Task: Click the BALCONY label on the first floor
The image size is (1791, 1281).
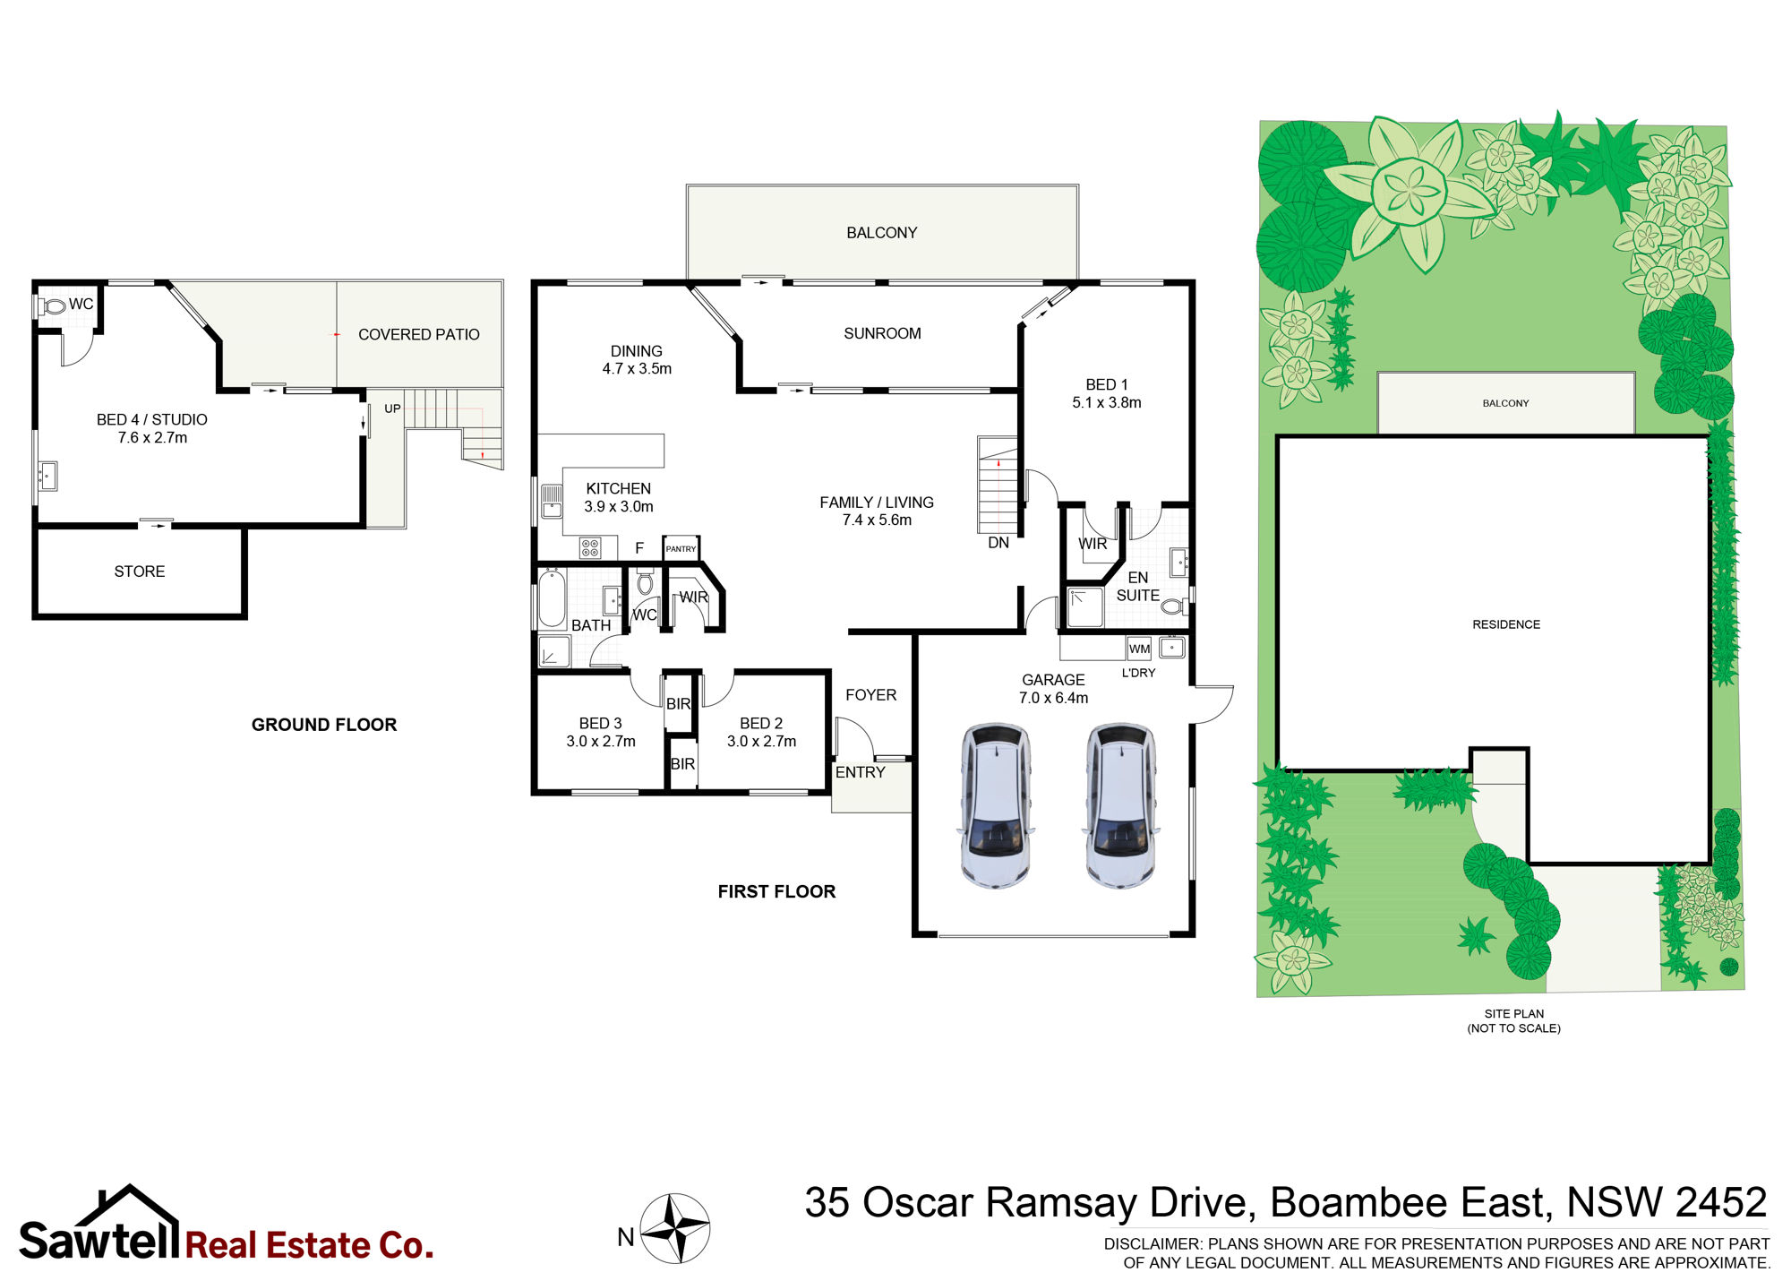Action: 882,233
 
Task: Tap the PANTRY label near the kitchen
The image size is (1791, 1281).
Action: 681,549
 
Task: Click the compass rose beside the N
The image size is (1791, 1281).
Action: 676,1228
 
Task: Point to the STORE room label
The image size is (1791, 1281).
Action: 140,572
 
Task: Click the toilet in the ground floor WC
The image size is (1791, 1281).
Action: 54,306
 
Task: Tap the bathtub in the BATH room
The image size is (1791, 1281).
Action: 552,598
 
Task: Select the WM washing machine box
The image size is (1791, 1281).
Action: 1139,649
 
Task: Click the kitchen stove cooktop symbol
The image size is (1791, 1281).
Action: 590,547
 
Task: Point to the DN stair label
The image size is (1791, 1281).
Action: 998,543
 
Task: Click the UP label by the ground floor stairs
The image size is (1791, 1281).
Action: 392,408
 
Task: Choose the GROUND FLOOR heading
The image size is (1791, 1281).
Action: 324,725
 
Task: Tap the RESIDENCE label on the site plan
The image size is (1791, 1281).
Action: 1506,624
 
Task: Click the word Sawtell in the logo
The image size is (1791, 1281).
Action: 99,1241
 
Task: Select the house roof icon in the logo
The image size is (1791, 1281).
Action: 129,1205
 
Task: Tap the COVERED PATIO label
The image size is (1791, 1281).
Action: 419,335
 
